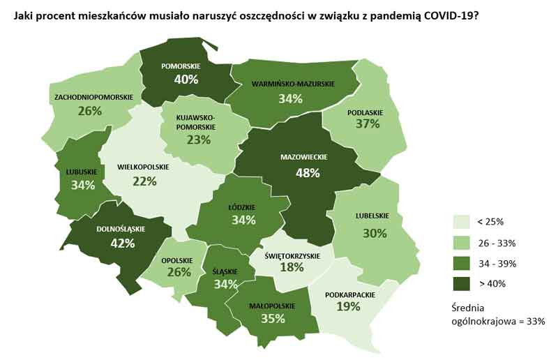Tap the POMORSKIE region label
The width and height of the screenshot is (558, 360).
181,66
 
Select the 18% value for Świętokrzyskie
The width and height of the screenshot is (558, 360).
292,267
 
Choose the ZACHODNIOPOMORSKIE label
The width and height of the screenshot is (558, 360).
91,97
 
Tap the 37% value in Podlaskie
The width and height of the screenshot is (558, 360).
367,124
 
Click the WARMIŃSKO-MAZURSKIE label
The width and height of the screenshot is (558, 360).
293,84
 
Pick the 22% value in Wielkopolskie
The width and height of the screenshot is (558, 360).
145,181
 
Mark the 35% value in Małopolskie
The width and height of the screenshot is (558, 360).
272,319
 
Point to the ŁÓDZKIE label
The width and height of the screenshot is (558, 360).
242,207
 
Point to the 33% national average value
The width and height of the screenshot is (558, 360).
534,321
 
